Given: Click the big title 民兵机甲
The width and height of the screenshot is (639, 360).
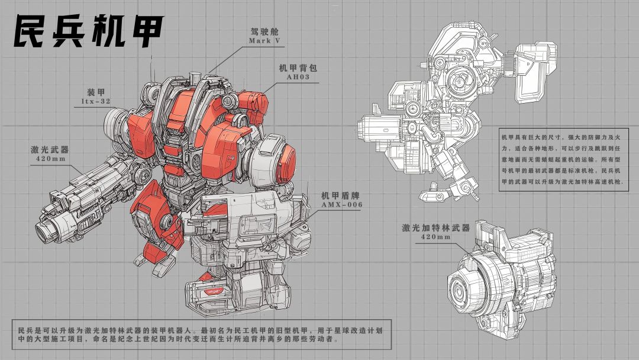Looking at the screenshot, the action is (88, 31).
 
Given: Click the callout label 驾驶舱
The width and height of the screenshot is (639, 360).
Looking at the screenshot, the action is (265, 32).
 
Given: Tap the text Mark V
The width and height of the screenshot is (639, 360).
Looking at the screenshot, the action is (265, 41).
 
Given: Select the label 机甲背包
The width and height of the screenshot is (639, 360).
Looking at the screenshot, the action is (298, 67).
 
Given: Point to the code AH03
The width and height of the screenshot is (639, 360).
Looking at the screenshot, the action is (298, 76).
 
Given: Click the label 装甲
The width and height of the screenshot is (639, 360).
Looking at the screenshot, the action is (96, 92).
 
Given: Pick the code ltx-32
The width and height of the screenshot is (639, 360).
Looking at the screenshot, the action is (96, 101).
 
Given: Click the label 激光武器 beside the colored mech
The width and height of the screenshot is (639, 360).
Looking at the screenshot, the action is (50, 150).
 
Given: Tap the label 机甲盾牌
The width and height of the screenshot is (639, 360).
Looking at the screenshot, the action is (340, 196).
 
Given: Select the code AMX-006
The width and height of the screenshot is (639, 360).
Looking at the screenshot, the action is (341, 205).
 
